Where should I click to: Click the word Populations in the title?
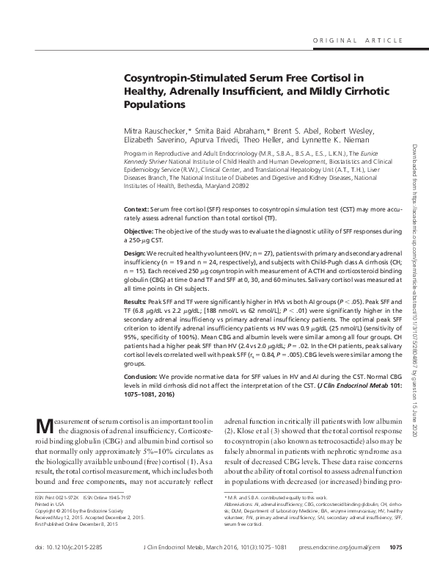pos(153,104)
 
